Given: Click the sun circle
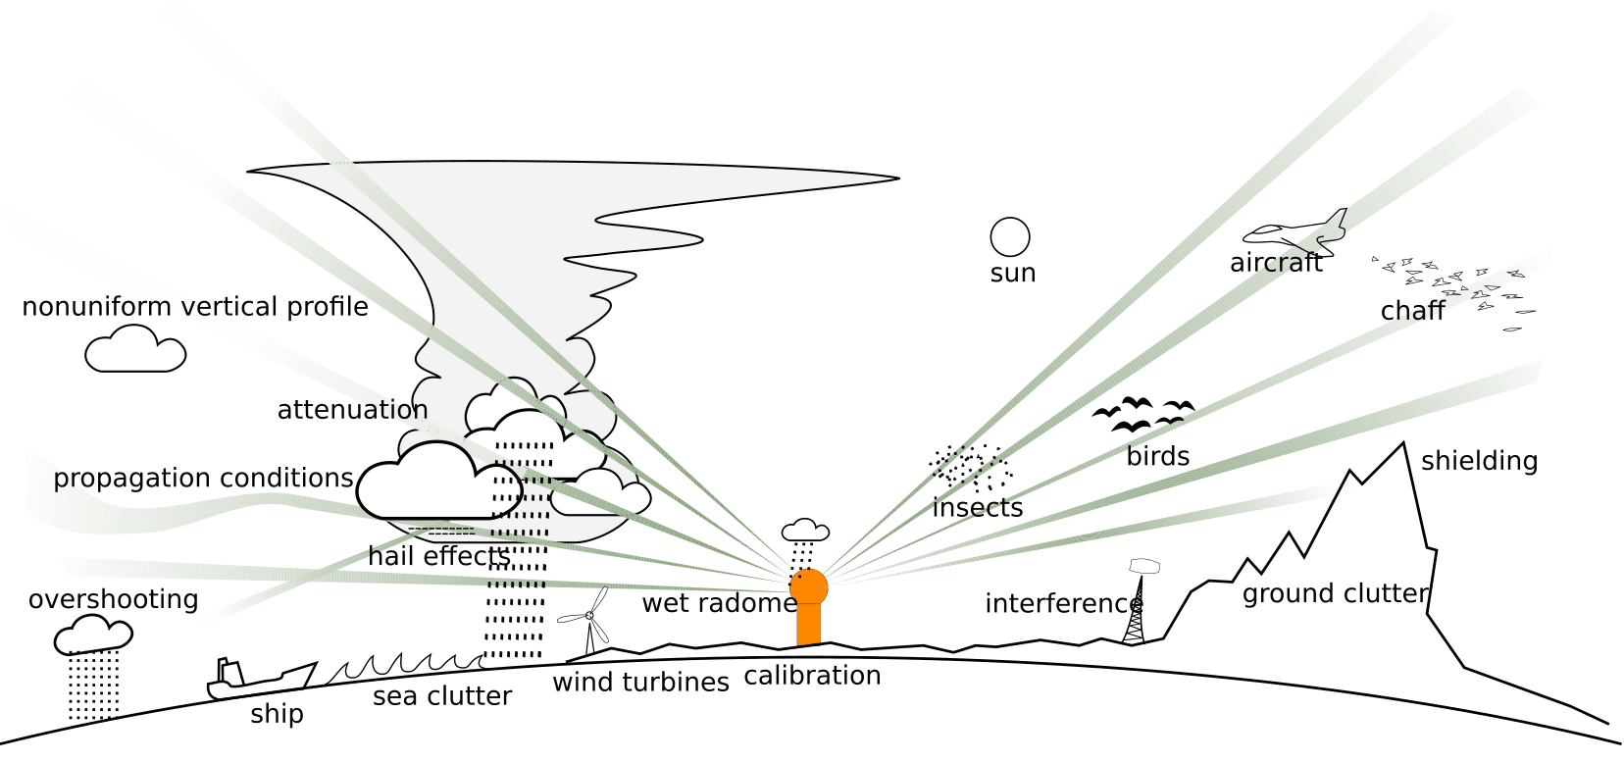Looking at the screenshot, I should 1010,237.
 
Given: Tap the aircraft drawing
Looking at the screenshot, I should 1296,232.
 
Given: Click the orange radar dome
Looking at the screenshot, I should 809,587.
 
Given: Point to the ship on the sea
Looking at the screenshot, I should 261,677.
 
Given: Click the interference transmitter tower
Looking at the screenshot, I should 1135,613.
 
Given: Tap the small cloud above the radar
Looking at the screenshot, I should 805,531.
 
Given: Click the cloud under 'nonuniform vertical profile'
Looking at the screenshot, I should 135,350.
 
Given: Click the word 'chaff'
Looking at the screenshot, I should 1412,311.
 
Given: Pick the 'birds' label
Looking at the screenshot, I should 1157,456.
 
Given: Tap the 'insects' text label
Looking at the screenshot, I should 977,508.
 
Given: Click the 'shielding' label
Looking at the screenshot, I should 1479,461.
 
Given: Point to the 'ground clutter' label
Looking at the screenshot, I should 1336,593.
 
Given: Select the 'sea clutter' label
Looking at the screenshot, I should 441,696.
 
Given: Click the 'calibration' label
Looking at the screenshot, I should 812,676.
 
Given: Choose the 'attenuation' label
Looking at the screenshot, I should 352,410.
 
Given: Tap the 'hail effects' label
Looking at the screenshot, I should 438,556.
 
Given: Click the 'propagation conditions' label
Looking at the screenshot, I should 203,478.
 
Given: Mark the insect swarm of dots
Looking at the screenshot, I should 971,468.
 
